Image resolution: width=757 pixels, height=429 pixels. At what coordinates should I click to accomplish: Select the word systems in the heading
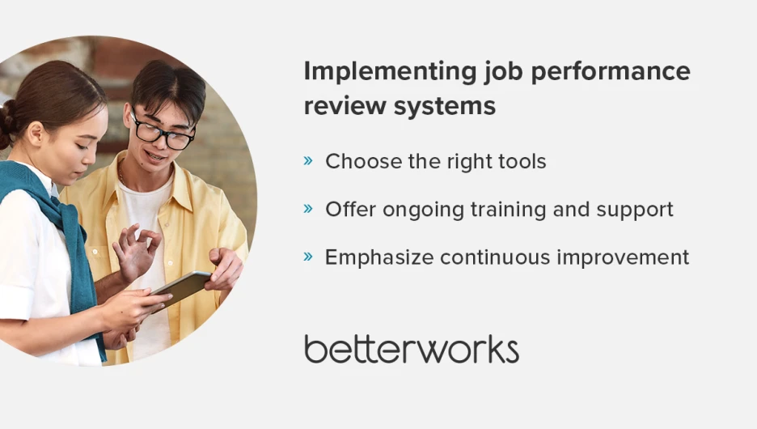[445, 106]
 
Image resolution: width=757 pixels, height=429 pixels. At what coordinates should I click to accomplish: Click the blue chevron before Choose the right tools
[308, 161]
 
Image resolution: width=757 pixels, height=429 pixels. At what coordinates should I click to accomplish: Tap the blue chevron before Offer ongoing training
[308, 209]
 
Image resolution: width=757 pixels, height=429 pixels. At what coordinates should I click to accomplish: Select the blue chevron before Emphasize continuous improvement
[308, 257]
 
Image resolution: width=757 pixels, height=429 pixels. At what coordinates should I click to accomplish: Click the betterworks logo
[412, 349]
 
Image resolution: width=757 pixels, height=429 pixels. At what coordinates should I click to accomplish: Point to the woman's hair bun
[6, 125]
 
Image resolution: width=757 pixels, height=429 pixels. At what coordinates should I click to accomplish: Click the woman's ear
[36, 134]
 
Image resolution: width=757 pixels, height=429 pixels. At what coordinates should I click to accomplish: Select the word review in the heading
[345, 106]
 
